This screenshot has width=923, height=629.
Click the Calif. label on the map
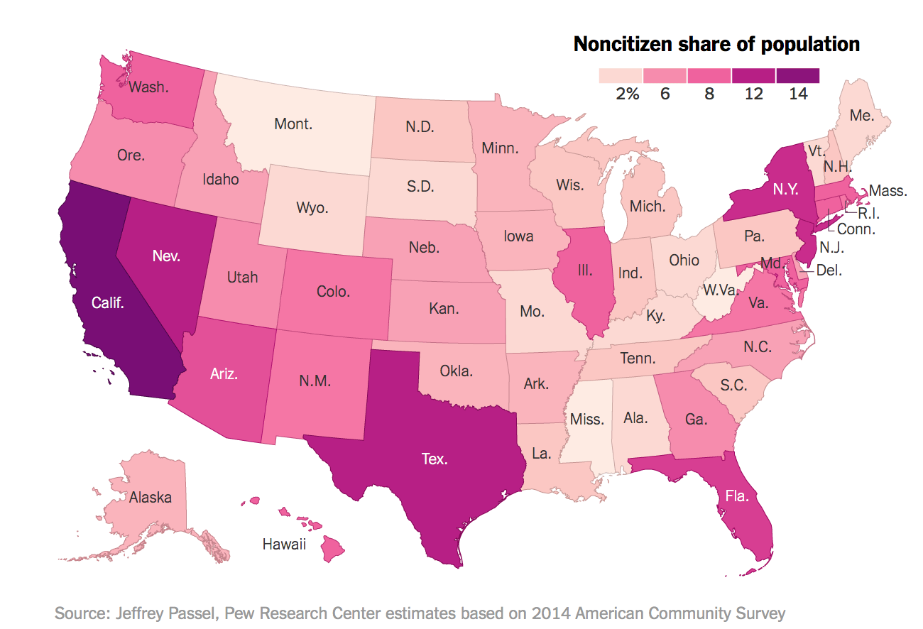click(x=108, y=303)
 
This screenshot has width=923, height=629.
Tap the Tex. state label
click(x=435, y=459)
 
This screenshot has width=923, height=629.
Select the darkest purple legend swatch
click(x=798, y=75)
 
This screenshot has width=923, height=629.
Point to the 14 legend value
click(x=798, y=94)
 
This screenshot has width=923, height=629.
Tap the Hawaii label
click(x=284, y=545)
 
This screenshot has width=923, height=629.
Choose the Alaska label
click(x=151, y=498)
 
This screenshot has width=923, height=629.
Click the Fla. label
click(x=737, y=496)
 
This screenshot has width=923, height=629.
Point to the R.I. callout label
click(x=870, y=212)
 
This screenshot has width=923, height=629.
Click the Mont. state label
click(x=293, y=124)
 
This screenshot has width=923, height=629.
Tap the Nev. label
click(x=166, y=255)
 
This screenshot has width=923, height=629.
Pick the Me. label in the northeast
click(x=862, y=116)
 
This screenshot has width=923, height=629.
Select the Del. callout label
click(x=829, y=270)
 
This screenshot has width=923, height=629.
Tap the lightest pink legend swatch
click(x=621, y=75)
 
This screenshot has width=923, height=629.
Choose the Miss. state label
click(x=587, y=419)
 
